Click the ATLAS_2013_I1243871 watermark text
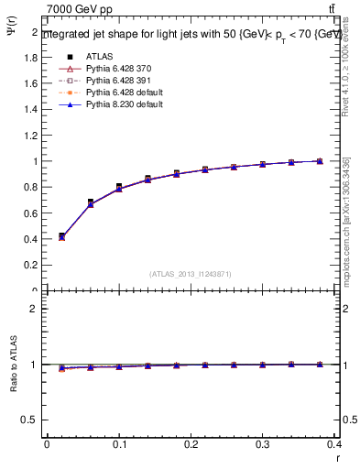(191, 274)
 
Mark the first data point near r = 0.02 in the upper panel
(61, 236)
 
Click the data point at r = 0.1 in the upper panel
(119, 187)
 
